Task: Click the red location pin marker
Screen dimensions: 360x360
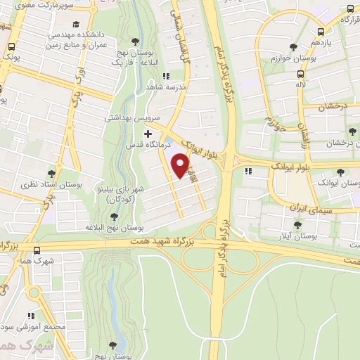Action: point(181,166)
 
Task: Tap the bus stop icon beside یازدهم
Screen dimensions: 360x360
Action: point(321,32)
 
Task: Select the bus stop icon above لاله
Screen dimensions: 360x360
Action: point(301,74)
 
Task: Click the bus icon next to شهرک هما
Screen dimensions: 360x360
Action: point(37,250)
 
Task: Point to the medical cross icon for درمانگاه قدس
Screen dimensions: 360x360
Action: point(148,134)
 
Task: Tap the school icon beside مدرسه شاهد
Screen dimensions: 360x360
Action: point(165,77)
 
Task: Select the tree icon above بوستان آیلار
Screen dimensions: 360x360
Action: point(296,226)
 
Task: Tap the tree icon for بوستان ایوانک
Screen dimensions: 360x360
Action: point(341,172)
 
